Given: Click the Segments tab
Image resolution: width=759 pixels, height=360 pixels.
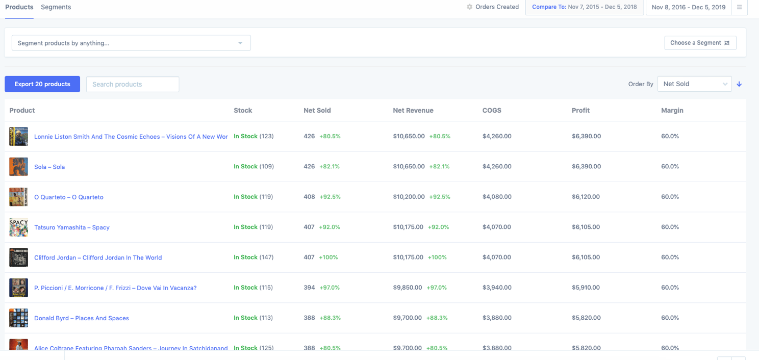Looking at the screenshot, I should (56, 7).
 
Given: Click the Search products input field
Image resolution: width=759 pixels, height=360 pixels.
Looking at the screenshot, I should (133, 84).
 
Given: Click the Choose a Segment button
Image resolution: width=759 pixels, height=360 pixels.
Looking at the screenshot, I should (700, 43).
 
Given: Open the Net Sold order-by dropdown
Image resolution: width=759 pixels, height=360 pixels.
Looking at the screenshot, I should (694, 84).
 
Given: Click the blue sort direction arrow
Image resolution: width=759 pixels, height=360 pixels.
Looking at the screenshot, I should (739, 84).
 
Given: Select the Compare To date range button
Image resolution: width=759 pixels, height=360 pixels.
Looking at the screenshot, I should (584, 7).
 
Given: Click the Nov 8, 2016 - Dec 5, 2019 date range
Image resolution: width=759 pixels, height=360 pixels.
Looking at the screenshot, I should (688, 7).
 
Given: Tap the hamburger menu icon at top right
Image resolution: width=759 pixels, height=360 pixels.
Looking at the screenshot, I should (739, 7).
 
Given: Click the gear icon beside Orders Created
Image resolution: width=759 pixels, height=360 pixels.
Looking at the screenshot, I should (469, 7).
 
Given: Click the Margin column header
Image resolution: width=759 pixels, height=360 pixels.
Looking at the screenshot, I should (672, 110).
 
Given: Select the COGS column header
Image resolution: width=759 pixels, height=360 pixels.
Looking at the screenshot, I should (492, 110).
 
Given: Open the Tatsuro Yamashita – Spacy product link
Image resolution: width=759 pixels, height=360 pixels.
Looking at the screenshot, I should (72, 227).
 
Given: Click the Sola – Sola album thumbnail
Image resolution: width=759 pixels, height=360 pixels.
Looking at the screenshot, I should (18, 167).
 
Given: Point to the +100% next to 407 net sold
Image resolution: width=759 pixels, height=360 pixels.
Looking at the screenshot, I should (328, 258).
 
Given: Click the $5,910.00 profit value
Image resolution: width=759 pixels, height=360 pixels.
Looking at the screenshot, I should (586, 288).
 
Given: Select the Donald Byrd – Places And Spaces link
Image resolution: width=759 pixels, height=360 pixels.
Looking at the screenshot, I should (82, 318).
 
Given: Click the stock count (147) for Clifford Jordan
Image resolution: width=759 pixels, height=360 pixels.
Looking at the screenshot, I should (266, 258).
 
